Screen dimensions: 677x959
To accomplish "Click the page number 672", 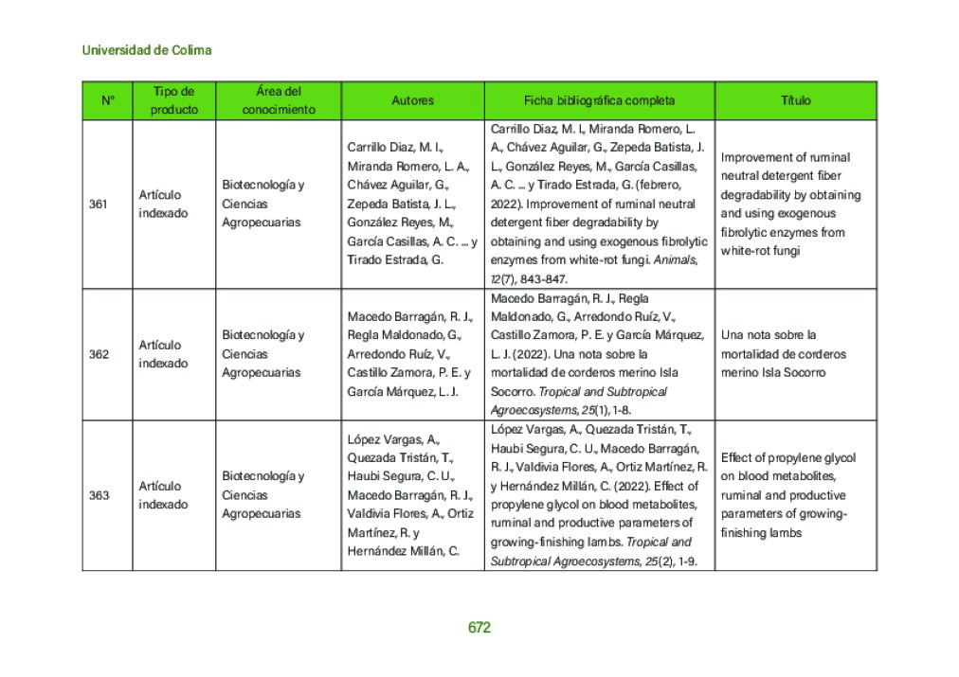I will (x=479, y=628).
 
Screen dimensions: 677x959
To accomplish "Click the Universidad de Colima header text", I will (x=147, y=49).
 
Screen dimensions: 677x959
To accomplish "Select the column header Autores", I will (x=412, y=100).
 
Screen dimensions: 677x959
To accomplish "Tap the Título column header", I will (x=795, y=100).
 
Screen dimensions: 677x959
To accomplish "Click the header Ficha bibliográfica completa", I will (x=599, y=100).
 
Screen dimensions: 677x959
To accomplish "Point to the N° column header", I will (x=107, y=100).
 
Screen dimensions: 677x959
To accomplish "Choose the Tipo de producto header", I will (x=174, y=100).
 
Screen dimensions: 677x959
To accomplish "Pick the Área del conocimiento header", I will (x=278, y=100).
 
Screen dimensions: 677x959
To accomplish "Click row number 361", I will (x=98, y=204).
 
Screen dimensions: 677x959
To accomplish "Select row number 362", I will (x=98, y=354).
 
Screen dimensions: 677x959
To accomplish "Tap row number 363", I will (x=98, y=495).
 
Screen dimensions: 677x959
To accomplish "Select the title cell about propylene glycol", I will (x=788, y=495).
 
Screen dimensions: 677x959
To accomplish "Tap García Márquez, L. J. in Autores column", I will (x=403, y=391).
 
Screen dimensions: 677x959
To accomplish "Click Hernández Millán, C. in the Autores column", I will (x=403, y=551).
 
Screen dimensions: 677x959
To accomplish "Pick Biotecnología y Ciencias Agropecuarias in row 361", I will (x=263, y=204).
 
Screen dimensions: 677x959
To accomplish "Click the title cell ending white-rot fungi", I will (x=791, y=204).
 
